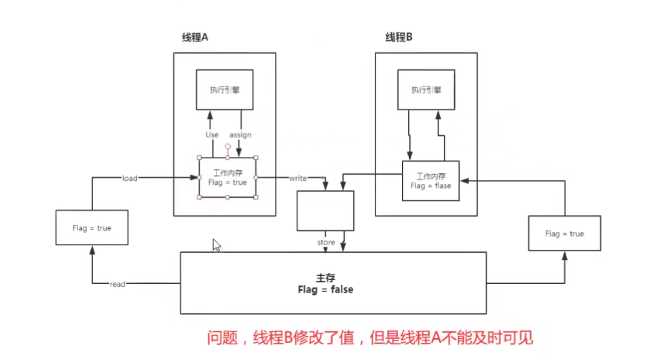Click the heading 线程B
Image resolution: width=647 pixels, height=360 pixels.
tap(399, 37)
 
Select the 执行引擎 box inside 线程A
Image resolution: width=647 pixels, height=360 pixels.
tap(225, 89)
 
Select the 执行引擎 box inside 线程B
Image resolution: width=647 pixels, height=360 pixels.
tap(426, 89)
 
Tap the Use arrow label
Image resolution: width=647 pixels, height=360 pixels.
tap(212, 134)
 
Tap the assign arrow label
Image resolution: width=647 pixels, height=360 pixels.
tap(240, 134)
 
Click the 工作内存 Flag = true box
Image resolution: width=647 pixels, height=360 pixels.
tap(227, 177)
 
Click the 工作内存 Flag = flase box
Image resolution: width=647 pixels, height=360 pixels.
tap(430, 180)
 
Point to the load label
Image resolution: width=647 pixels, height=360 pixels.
tap(130, 178)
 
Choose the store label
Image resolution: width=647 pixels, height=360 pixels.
tap(326, 242)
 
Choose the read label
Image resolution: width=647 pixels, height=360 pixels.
tap(117, 284)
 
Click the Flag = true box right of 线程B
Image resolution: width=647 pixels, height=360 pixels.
tap(564, 234)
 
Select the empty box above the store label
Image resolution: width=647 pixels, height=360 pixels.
tap(326, 211)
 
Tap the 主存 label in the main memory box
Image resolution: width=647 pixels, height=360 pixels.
tap(325, 278)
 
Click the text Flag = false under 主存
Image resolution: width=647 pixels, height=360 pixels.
tap(325, 289)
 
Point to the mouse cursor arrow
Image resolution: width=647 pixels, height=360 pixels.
tap(216, 245)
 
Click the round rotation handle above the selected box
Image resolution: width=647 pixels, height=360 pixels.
tap(228, 146)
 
